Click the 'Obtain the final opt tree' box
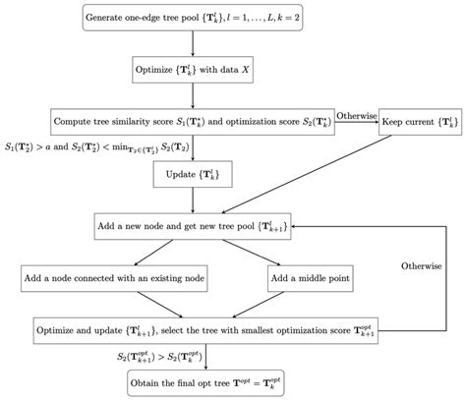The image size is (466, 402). pos(202,381)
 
